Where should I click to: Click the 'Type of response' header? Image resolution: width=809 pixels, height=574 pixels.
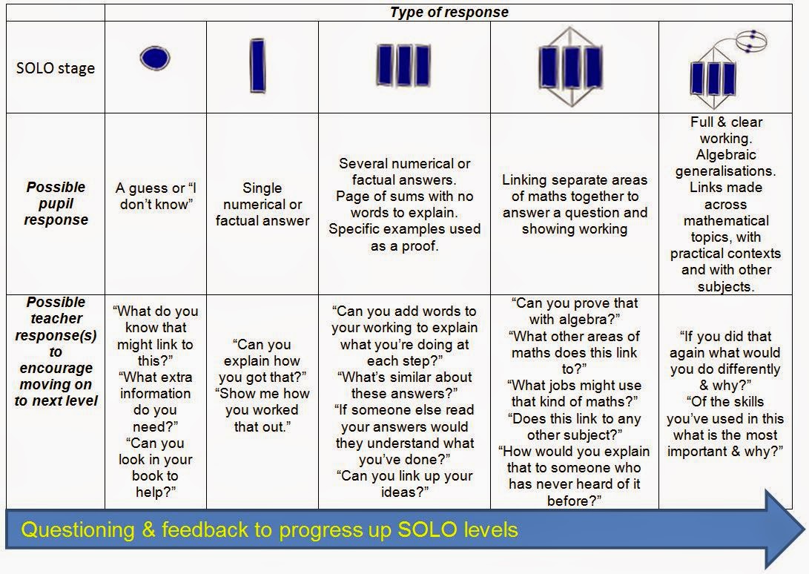click(449, 13)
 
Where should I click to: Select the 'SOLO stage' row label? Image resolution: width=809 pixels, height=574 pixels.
click(55, 68)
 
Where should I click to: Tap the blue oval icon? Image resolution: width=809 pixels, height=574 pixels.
click(155, 58)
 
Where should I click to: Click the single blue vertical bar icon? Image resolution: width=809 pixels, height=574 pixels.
click(257, 65)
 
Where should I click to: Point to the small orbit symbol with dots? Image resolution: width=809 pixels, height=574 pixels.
click(751, 42)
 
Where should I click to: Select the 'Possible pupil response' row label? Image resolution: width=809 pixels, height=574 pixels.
click(56, 203)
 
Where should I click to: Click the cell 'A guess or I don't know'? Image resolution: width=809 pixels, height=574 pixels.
click(155, 196)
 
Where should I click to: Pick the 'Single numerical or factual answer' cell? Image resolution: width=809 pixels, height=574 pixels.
click(262, 205)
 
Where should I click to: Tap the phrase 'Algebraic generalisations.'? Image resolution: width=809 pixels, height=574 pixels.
click(725, 162)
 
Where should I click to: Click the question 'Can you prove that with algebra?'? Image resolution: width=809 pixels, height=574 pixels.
click(574, 311)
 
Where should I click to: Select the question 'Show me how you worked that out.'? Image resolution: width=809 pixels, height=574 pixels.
click(262, 410)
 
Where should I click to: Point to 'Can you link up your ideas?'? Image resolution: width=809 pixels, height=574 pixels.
click(405, 484)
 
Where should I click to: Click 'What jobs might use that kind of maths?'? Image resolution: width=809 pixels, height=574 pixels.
click(574, 393)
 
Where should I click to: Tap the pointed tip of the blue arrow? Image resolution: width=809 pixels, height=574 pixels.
click(805, 530)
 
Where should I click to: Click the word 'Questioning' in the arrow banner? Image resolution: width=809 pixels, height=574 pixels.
click(77, 530)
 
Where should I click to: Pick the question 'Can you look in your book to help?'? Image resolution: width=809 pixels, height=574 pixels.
click(155, 468)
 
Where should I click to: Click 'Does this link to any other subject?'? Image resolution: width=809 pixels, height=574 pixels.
click(574, 426)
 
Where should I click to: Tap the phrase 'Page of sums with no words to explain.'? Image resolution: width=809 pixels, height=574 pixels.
click(405, 205)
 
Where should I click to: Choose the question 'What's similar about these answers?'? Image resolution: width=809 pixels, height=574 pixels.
click(405, 385)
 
